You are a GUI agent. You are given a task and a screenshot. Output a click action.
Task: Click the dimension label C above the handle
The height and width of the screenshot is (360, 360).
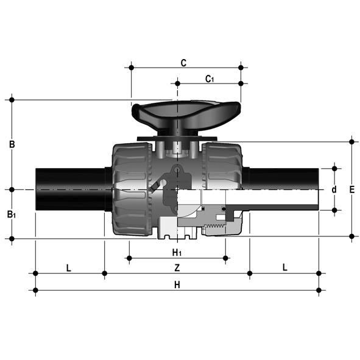(183, 63)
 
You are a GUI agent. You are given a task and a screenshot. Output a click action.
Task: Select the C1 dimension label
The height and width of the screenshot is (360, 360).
(210, 79)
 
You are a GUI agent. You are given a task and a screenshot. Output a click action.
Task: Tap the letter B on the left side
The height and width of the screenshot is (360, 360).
(12, 144)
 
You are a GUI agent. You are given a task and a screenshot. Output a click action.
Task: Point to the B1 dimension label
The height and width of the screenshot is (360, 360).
(12, 214)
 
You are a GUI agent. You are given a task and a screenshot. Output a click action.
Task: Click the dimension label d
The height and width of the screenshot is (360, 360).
(334, 189)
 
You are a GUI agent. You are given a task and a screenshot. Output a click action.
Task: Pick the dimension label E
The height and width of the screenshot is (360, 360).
(351, 189)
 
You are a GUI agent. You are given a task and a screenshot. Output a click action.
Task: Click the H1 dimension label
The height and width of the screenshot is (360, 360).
(177, 253)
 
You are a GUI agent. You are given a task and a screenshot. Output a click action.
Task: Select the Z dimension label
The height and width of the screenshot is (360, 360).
(177, 267)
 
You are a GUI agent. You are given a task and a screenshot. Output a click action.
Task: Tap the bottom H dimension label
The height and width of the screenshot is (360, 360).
(177, 285)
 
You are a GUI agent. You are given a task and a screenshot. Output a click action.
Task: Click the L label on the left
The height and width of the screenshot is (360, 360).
(69, 267)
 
